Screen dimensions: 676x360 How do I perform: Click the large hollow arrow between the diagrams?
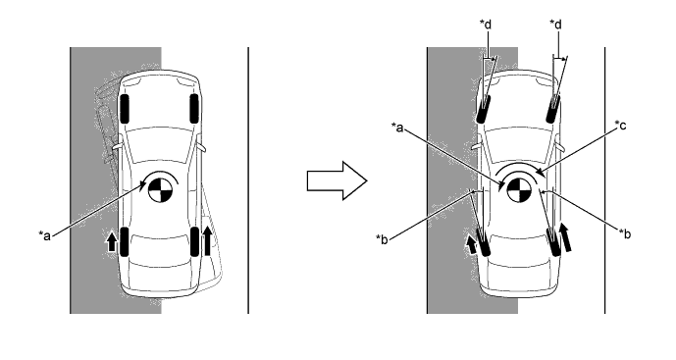[337, 180]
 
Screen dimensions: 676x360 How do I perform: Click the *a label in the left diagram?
[45, 235]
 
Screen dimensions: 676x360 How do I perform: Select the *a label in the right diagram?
[397, 127]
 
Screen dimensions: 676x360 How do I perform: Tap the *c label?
[620, 125]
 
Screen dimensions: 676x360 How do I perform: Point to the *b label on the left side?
[382, 238]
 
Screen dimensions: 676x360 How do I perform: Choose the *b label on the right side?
[625, 233]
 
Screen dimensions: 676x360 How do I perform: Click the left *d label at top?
[486, 25]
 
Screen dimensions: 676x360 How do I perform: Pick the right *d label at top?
[556, 25]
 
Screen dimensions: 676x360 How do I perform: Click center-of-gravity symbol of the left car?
[160, 190]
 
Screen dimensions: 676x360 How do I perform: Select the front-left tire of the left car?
[125, 109]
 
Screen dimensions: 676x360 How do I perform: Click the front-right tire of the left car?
[194, 109]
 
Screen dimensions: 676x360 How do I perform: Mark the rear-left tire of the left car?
[125, 241]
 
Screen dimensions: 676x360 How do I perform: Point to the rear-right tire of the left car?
[195, 241]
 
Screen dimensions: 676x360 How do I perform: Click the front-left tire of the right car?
[484, 109]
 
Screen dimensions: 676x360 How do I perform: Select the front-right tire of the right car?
[553, 109]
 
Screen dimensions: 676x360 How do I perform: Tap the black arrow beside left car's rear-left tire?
[112, 242]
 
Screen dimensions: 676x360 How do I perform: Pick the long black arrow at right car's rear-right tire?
[566, 236]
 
